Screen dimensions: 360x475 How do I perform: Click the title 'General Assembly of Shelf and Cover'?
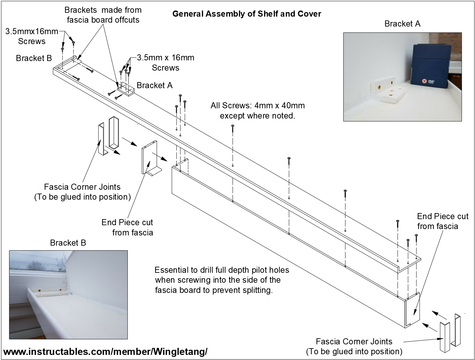click(247, 14)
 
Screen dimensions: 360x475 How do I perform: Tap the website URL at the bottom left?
click(105, 352)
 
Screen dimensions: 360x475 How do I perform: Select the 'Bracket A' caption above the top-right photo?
click(402, 24)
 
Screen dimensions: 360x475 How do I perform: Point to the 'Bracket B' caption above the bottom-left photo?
click(68, 243)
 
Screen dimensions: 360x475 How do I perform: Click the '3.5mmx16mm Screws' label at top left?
click(32, 36)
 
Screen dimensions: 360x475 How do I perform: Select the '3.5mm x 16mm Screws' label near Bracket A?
click(165, 63)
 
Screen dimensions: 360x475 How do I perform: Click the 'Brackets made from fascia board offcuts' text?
click(103, 15)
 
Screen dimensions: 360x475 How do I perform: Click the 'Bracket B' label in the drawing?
click(34, 58)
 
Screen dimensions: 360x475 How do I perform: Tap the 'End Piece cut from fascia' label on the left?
click(127, 227)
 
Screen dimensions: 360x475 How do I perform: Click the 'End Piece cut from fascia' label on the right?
click(442, 221)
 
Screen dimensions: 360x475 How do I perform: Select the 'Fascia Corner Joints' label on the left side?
click(82, 192)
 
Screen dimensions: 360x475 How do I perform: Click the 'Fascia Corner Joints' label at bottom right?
click(354, 346)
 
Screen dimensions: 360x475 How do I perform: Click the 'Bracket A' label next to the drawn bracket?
click(154, 85)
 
